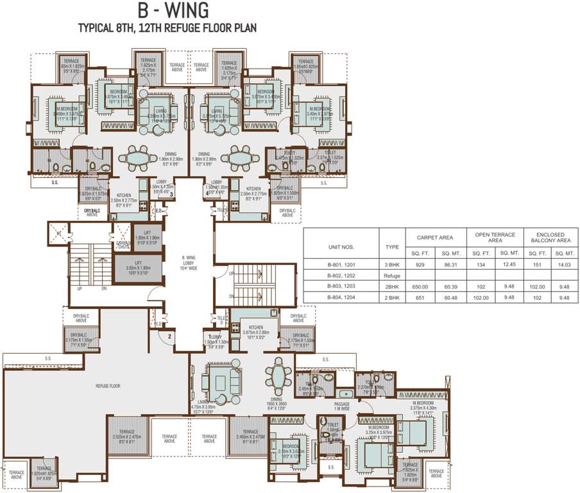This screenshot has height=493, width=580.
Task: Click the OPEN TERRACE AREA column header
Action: click(x=495, y=236)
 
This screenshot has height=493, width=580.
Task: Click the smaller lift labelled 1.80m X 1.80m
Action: click(x=146, y=239)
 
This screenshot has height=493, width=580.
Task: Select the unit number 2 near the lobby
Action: click(x=169, y=335)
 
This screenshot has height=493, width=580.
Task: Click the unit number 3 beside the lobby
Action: click(x=171, y=195)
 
